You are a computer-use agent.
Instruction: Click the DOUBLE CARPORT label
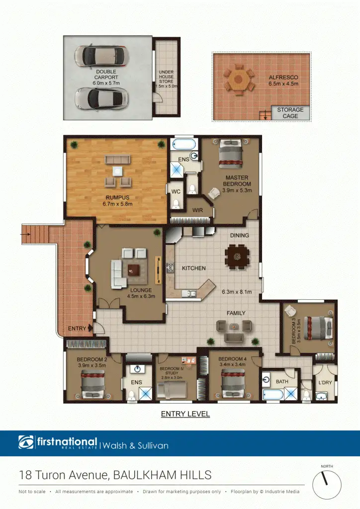106,75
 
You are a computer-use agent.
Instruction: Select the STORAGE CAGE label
290,113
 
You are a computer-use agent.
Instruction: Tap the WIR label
197,211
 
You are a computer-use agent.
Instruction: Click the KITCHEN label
193,268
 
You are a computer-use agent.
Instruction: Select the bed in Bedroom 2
92,382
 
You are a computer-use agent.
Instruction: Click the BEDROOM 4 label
232,359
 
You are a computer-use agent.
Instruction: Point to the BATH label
282,382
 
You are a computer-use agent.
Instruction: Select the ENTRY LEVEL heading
185,414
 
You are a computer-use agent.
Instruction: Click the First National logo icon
26,442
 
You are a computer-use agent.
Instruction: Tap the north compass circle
327,484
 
